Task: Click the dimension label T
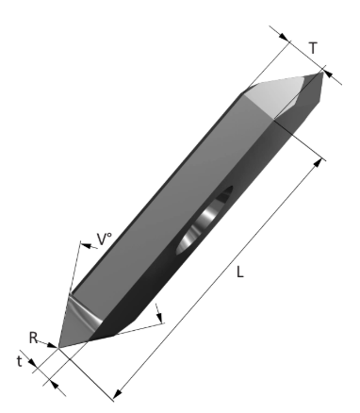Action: (x=313, y=48)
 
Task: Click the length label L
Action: (x=240, y=272)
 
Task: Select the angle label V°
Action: (x=105, y=240)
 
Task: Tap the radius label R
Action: (x=33, y=339)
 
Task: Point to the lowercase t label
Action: (x=20, y=361)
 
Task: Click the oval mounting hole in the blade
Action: (x=205, y=220)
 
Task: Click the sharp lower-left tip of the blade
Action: (x=58, y=348)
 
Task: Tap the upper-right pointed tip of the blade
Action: (x=322, y=73)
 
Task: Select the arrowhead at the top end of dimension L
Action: (x=318, y=163)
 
